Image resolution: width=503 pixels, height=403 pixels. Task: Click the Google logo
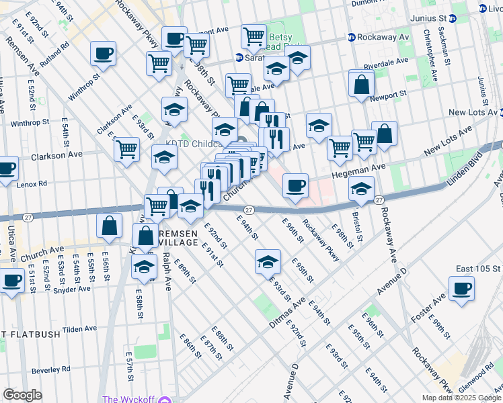[23, 395]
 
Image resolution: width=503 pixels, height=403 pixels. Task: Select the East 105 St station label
[478, 269]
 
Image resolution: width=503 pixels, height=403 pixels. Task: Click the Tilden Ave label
[81, 330]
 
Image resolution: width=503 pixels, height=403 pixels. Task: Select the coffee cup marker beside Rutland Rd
[103, 53]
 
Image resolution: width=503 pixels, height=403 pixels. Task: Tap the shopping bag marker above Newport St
[362, 84]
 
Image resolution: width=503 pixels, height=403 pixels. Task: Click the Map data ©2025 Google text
[460, 398]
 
